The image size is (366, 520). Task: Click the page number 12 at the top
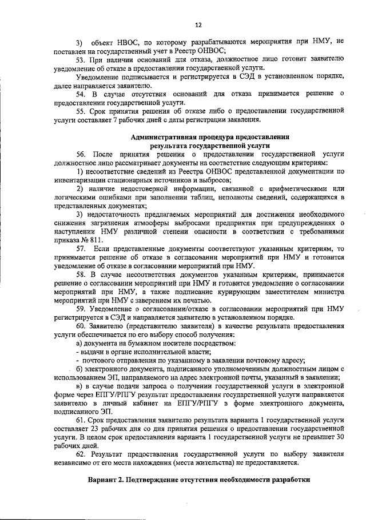coord(198,26)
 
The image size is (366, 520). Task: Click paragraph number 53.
coord(81,59)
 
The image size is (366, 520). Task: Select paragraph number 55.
coord(81,112)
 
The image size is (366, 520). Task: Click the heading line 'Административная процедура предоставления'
coord(210,138)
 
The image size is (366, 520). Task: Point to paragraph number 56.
coord(81,154)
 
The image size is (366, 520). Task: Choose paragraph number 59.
coord(81,309)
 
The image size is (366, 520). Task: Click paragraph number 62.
coord(81,454)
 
